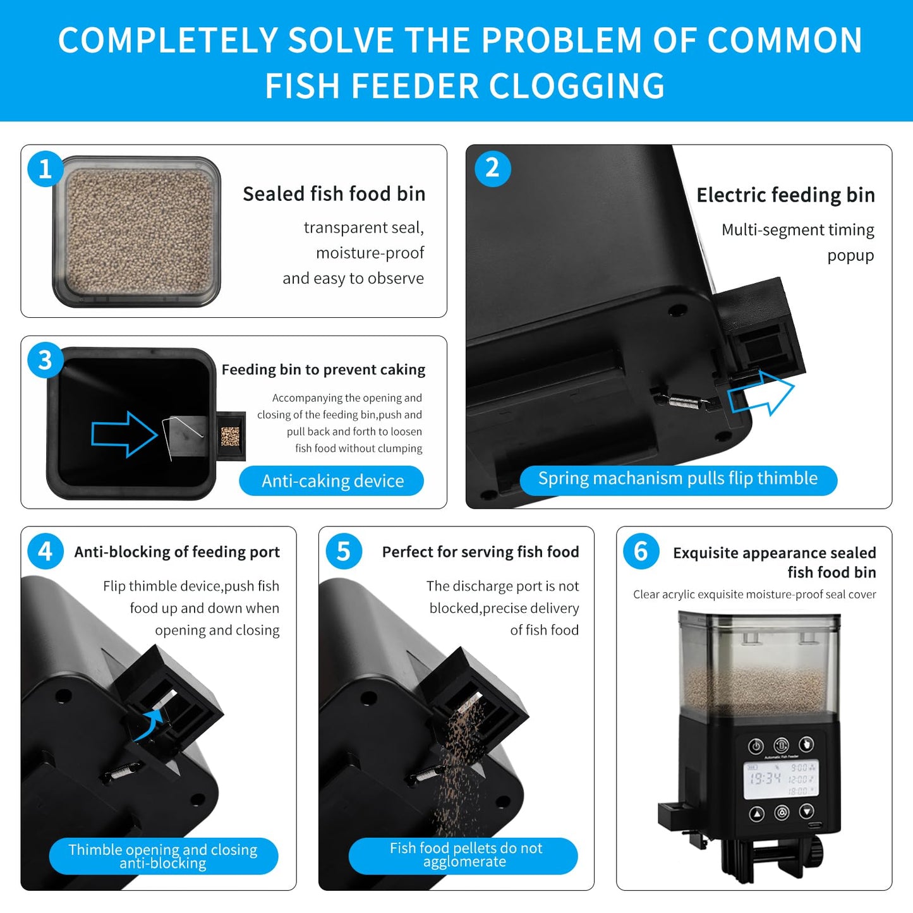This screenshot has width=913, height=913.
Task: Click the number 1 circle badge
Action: click(x=45, y=169)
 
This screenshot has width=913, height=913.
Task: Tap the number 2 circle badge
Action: click(x=492, y=169)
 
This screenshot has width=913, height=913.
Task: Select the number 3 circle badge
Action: click(x=45, y=360)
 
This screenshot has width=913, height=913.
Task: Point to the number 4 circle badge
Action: click(x=45, y=551)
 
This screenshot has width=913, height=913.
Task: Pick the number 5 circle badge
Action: click(x=344, y=551)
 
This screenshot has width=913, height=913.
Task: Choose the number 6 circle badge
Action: click(x=641, y=551)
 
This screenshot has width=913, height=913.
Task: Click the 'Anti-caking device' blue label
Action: click(x=332, y=480)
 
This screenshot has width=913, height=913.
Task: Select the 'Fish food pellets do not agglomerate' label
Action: click(x=463, y=856)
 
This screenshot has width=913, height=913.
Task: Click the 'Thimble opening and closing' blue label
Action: click(x=164, y=856)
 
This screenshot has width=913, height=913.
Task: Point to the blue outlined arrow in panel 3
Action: click(x=124, y=435)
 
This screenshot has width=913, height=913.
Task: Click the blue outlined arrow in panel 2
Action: click(x=761, y=393)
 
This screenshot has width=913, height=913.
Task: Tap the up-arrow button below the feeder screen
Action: click(x=756, y=814)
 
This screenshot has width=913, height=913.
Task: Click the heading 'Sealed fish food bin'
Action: click(x=334, y=194)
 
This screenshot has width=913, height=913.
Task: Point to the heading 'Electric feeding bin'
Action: click(x=785, y=195)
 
